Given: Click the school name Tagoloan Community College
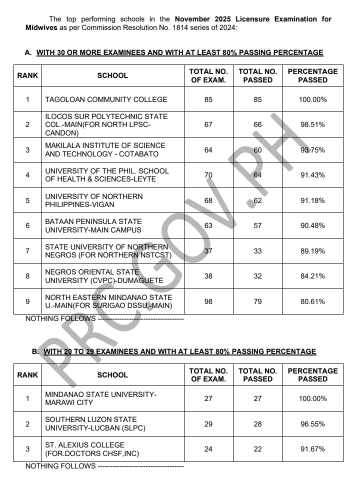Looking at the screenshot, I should click(106, 99).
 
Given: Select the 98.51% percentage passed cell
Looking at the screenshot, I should click(312, 124).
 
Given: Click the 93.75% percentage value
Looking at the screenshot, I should click(312, 149).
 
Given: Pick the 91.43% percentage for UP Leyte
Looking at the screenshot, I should click(312, 175).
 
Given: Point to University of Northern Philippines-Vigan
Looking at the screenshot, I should click(93, 200).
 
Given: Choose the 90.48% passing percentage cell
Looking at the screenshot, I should click(312, 225).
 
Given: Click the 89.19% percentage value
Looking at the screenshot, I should click(312, 251).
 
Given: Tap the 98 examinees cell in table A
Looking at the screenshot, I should click(208, 301).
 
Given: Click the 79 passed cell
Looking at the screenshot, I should click(257, 301).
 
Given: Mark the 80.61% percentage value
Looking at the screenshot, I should click(312, 301).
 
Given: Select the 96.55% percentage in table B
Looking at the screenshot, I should click(312, 424).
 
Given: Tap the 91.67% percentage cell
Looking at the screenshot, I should click(312, 449).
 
